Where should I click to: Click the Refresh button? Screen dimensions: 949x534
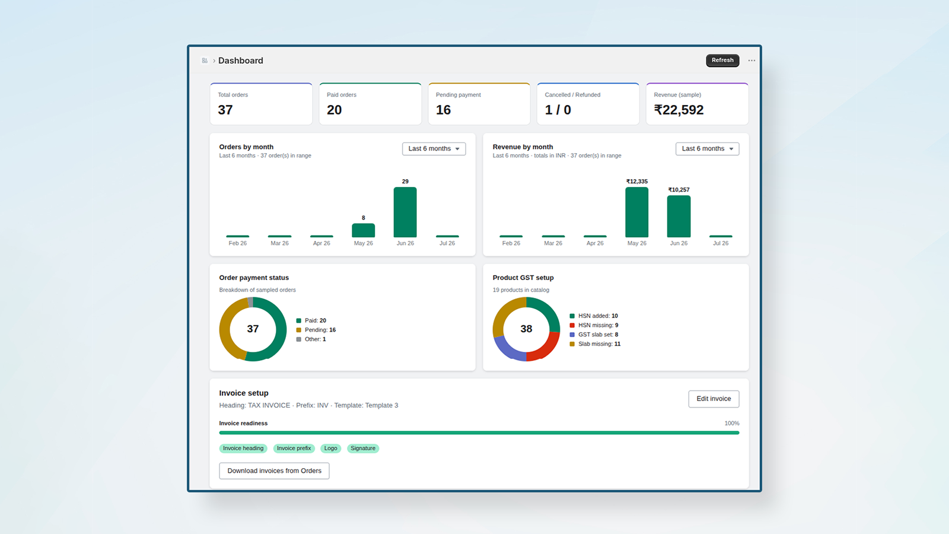[722, 60]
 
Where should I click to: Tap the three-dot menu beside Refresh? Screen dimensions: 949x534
[751, 61]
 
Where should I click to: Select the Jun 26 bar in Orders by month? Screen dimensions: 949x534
[405, 212]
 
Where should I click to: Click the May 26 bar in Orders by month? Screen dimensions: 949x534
[363, 230]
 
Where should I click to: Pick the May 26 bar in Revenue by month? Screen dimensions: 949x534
[637, 212]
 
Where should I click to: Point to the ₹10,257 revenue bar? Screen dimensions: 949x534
[679, 216]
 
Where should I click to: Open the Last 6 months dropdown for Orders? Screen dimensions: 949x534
[434, 149]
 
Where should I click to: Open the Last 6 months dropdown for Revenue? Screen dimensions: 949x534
[707, 149]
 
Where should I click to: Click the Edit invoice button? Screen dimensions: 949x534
[714, 399]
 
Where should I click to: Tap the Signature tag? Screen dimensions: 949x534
[362, 449]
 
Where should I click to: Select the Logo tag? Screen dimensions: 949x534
[330, 449]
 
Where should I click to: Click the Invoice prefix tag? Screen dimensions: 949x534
[294, 449]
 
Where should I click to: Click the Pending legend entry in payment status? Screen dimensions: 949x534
[316, 330]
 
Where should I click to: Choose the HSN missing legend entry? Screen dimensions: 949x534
[594, 325]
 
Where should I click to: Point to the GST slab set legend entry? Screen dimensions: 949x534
[594, 335]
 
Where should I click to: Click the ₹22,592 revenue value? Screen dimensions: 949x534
[679, 110]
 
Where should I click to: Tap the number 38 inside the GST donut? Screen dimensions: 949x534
[526, 329]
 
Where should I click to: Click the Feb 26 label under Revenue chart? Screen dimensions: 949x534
[511, 243]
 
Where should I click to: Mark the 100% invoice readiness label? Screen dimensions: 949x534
[732, 424]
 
